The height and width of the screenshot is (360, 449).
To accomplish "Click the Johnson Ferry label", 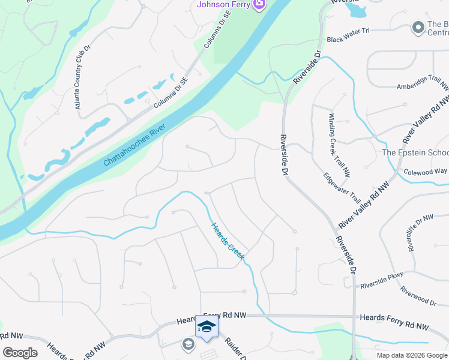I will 223,5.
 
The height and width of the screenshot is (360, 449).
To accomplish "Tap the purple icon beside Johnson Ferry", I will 259,5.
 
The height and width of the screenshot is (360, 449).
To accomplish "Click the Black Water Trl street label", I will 348,39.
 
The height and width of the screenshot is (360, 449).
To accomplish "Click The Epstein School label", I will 415,152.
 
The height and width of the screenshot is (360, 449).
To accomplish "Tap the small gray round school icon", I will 188,344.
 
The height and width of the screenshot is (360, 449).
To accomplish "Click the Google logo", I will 20,352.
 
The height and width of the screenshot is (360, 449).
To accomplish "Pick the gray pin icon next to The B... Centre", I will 418,28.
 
